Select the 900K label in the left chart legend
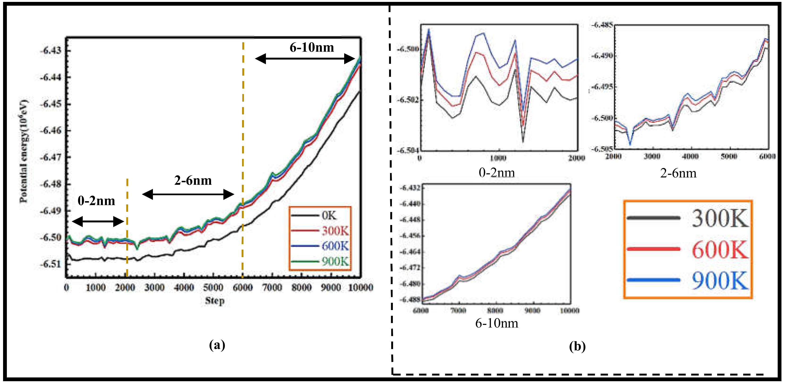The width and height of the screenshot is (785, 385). pyautogui.click(x=335, y=261)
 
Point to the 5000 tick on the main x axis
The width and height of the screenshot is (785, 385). pyautogui.click(x=213, y=287)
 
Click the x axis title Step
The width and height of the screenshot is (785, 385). pyautogui.click(x=215, y=301)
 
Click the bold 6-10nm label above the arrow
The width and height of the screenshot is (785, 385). pyautogui.click(x=312, y=48)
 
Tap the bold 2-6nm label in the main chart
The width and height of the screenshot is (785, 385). pyautogui.click(x=193, y=181)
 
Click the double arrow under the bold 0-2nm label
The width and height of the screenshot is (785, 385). pyautogui.click(x=98, y=221)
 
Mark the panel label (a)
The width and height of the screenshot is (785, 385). pyautogui.click(x=217, y=345)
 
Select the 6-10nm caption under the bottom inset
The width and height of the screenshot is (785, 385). pyautogui.click(x=497, y=323)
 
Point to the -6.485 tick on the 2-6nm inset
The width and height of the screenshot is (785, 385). pyautogui.click(x=602, y=25)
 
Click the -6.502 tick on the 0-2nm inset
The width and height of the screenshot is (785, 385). pyautogui.click(x=408, y=100)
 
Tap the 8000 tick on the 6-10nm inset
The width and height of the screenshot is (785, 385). pyautogui.click(x=495, y=310)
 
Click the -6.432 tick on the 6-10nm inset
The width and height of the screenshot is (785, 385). pyautogui.click(x=410, y=188)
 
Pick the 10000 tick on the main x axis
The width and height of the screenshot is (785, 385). pyautogui.click(x=360, y=287)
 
